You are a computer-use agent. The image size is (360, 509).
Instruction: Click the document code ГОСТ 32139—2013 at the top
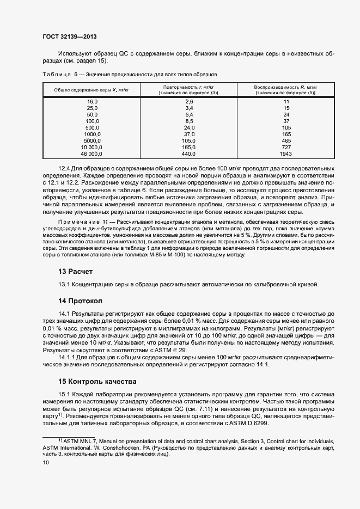pyautogui.click(x=69, y=38)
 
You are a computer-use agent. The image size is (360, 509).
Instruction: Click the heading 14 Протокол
pyautogui.click(x=80, y=301)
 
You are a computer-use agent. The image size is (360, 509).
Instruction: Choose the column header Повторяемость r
pyautogui.click(x=188, y=87)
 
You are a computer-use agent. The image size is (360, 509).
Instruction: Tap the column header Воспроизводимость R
pyautogui.click(x=285, y=87)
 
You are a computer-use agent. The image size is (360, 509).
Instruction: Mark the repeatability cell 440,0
pyautogui.click(x=189, y=154)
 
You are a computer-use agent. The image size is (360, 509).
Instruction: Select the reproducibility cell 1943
pyautogui.click(x=286, y=154)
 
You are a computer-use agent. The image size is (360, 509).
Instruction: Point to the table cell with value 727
pyautogui.click(x=286, y=147)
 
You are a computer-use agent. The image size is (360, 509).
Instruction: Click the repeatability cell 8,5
pyautogui.click(x=189, y=121)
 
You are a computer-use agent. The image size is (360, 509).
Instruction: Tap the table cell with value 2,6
pyautogui.click(x=189, y=102)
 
